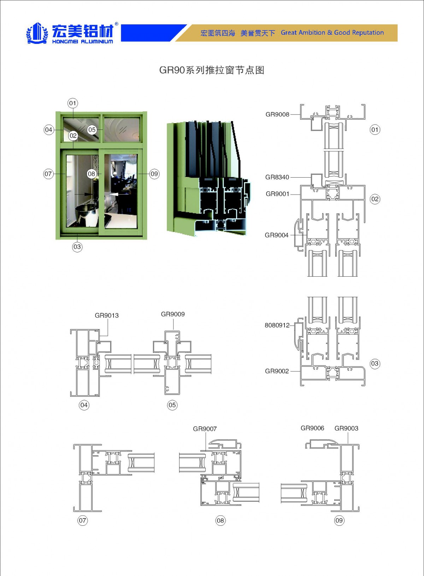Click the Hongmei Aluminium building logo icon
pyautogui.click(x=37, y=33)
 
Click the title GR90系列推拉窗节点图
pyautogui.click(x=212, y=70)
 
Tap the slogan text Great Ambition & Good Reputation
pyautogui.click(x=332, y=33)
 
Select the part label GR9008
pyautogui.click(x=277, y=114)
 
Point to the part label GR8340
pyautogui.click(x=277, y=177)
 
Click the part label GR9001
pyautogui.click(x=277, y=194)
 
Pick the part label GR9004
pyautogui.click(x=277, y=235)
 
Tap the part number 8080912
pyautogui.click(x=277, y=325)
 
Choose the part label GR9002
pyautogui.click(x=277, y=371)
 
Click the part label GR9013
pyautogui.click(x=107, y=316)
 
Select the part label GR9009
pyautogui.click(x=173, y=314)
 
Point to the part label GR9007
pyautogui.click(x=205, y=429)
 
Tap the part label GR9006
pyautogui.click(x=312, y=428)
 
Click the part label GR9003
pyautogui.click(x=346, y=428)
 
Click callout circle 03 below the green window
pyautogui.click(x=77, y=247)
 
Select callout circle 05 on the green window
pyautogui.click(x=92, y=130)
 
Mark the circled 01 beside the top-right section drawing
pyautogui.click(x=375, y=129)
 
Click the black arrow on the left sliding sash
pyautogui.click(x=84, y=194)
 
